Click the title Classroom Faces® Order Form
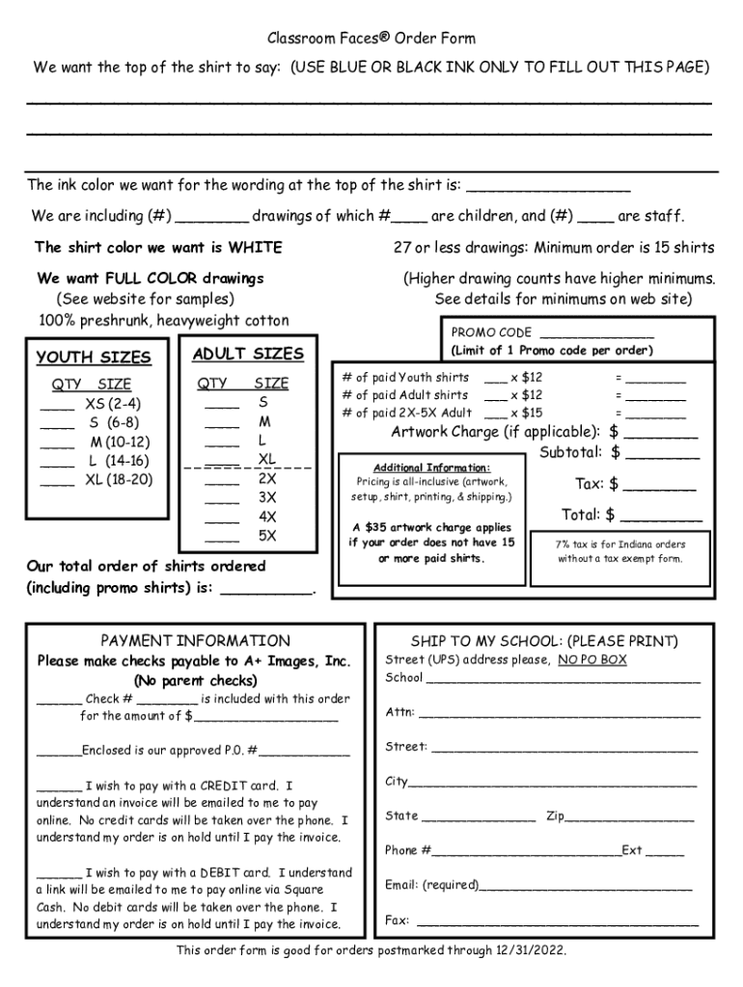coord(371,39)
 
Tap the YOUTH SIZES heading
coord(94,358)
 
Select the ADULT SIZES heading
coord(248,354)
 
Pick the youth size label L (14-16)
coord(120,461)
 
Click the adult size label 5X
coord(267,535)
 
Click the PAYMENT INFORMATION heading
coord(195,641)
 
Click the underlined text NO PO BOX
coord(592,660)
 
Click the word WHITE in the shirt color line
coord(255,248)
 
